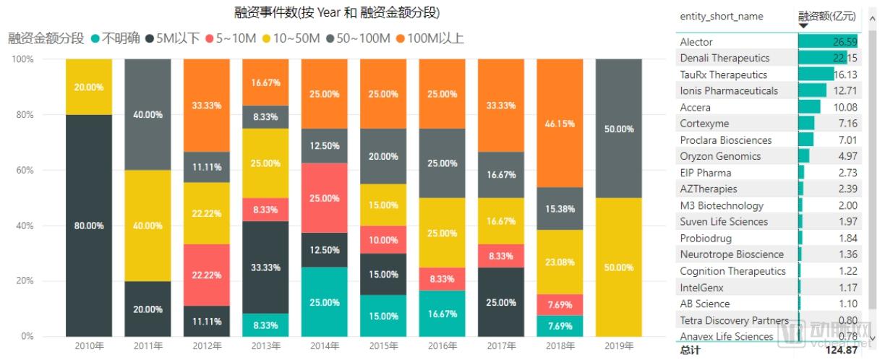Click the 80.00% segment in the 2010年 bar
pos(89,226)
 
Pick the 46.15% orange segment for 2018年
pos(560,123)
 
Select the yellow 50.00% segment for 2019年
pos(618,267)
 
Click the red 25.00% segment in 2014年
pos(324,198)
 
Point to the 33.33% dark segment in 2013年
pos(265,267)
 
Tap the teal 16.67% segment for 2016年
pos(442,314)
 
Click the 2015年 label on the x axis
pos(382,346)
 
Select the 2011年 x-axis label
pos(147,346)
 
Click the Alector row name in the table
pos(696,42)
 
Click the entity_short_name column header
pos(721,16)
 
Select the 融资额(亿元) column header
pos(826,15)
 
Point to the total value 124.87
pos(842,350)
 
